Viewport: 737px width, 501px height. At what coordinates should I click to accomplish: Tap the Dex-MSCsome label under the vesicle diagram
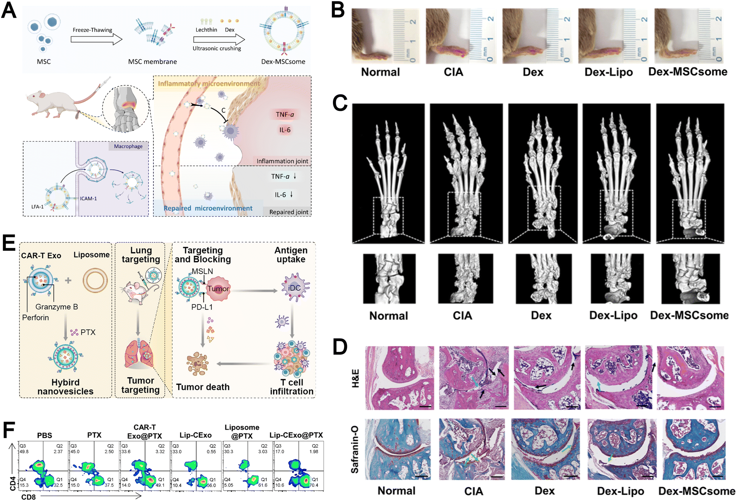click(283, 62)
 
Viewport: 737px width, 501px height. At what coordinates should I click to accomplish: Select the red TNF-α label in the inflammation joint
click(285, 115)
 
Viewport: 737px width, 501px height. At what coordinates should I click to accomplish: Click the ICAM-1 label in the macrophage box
click(89, 198)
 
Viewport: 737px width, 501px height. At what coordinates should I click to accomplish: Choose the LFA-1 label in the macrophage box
click(37, 207)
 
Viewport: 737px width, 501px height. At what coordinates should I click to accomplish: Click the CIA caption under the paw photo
click(453, 72)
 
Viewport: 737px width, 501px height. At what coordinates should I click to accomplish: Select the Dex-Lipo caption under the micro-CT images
click(613, 316)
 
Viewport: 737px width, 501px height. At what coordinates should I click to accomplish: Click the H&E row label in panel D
click(355, 378)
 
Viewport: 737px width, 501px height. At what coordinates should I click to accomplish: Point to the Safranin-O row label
click(355, 449)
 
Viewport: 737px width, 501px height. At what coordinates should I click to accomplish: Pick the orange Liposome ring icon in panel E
click(95, 280)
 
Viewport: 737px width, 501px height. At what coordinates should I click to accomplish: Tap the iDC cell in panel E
click(294, 288)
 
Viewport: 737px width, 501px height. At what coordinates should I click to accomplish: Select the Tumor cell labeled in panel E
click(218, 289)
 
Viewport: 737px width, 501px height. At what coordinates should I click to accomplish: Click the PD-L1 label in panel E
click(202, 307)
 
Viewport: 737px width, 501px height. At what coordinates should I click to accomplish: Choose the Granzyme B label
click(57, 307)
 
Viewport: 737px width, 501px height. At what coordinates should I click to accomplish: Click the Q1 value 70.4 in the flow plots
click(314, 485)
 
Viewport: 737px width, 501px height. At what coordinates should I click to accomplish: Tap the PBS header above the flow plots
click(44, 435)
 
